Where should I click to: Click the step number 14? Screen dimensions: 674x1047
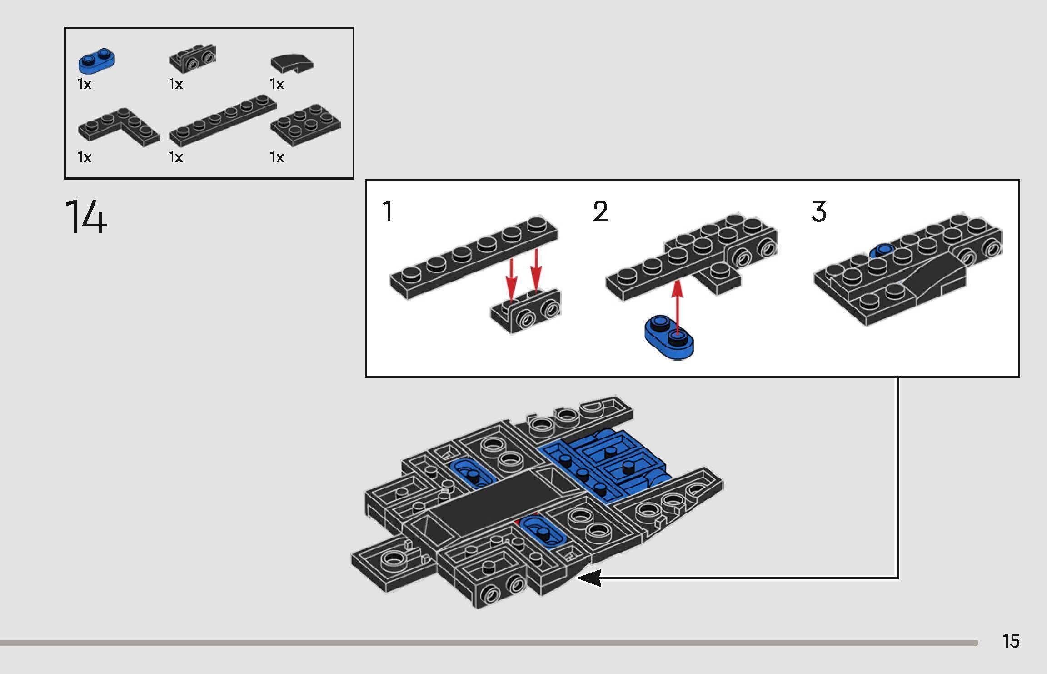86,217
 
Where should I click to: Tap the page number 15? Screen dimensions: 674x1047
1011,641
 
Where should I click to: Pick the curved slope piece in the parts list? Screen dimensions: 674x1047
292,64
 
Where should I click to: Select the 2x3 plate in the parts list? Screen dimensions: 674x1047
306,124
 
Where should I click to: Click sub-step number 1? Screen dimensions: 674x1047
388,212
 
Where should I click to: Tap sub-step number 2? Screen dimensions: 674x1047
600,212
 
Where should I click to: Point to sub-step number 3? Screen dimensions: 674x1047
818,212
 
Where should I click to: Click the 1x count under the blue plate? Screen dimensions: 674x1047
85,85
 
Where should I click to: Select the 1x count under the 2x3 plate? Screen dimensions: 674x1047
277,157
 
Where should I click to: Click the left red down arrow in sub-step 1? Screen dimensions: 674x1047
512,278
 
